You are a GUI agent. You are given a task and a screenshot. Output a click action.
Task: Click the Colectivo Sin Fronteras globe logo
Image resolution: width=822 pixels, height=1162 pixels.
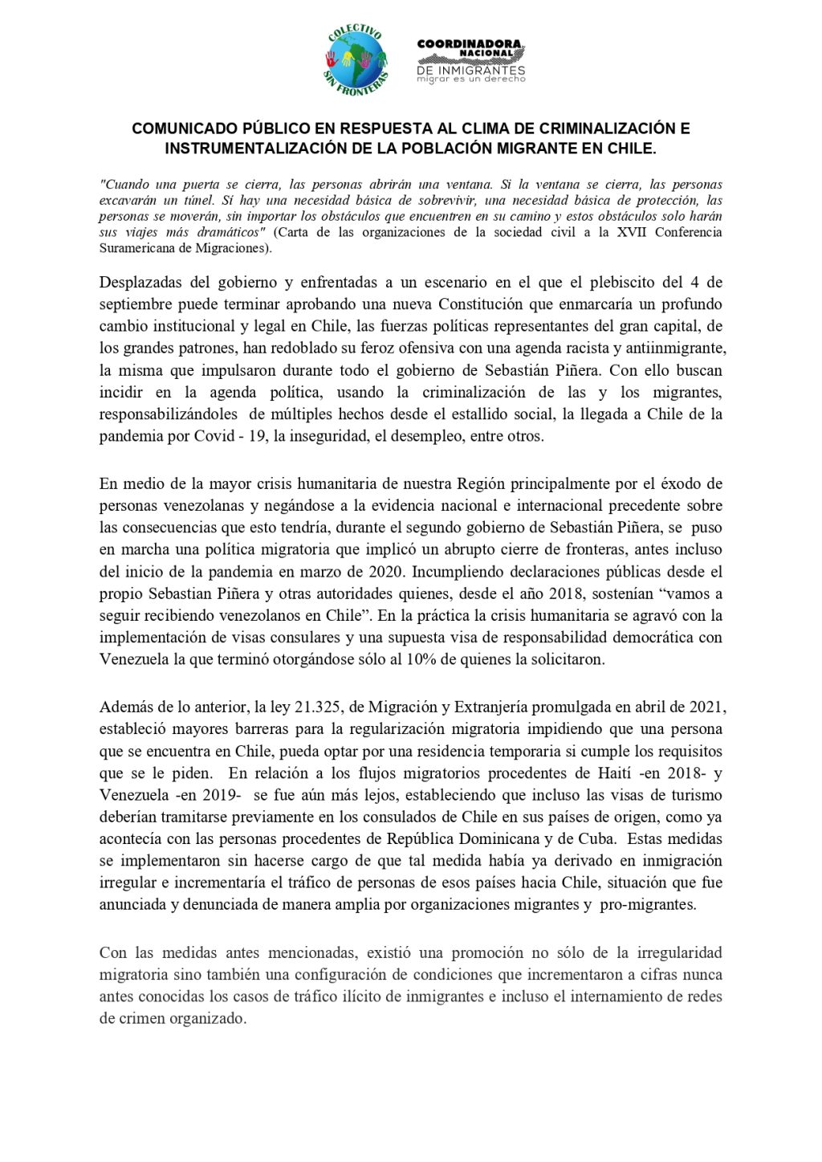[x=357, y=59]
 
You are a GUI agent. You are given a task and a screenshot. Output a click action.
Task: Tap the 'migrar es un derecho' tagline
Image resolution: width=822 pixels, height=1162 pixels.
[x=470, y=80]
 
